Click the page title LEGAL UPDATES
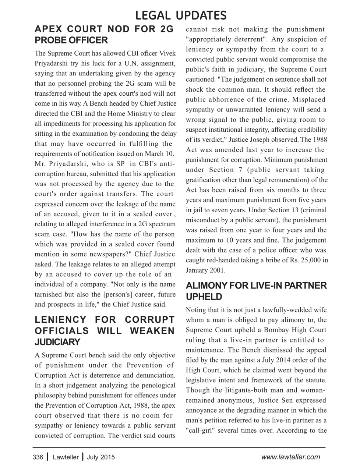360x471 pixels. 180,15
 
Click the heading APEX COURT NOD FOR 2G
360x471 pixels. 104,29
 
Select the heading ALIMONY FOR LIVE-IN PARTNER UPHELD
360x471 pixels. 256,291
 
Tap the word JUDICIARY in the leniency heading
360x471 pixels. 57,342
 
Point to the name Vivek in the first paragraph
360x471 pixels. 167,53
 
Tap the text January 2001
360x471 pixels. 206,270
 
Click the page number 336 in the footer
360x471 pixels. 38,457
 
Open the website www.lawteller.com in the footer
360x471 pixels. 290,457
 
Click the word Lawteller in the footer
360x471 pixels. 66,457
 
